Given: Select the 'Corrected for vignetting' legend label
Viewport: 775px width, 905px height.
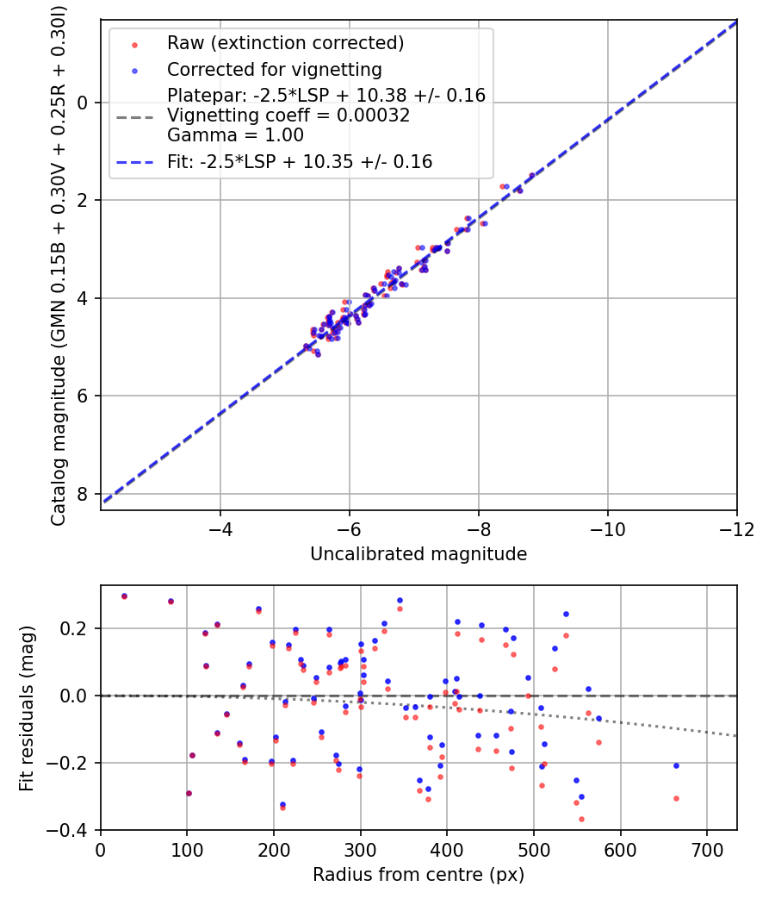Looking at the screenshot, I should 275,69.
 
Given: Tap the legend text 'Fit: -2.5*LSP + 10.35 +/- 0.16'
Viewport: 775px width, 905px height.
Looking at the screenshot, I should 300,161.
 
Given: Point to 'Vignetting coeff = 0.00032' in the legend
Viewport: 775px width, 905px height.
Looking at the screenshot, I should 288,115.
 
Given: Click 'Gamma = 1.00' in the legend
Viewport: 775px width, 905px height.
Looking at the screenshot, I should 235,135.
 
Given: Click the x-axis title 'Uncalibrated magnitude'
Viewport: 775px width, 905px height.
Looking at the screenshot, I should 418,554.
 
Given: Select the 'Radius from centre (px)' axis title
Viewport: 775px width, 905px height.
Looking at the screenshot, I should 418,875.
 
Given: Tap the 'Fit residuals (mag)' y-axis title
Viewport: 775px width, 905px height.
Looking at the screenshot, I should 27,708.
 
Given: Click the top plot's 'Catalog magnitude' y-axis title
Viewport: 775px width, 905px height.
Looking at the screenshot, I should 59,263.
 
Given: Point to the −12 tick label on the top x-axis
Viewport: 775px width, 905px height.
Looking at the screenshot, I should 737,529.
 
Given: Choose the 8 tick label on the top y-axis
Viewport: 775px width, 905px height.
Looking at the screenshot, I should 83,494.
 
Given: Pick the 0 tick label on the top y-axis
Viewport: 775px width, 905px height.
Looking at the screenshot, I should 83,103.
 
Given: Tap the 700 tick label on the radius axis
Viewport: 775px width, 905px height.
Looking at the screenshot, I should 707,850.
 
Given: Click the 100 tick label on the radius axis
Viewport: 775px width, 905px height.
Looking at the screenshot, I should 187,850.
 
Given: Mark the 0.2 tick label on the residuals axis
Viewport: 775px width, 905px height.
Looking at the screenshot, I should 78,628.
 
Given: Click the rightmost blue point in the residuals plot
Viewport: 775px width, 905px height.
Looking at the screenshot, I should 676,765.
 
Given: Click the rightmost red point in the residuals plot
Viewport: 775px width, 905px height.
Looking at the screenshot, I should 676,798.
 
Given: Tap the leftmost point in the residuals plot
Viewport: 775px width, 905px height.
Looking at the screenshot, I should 124,596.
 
